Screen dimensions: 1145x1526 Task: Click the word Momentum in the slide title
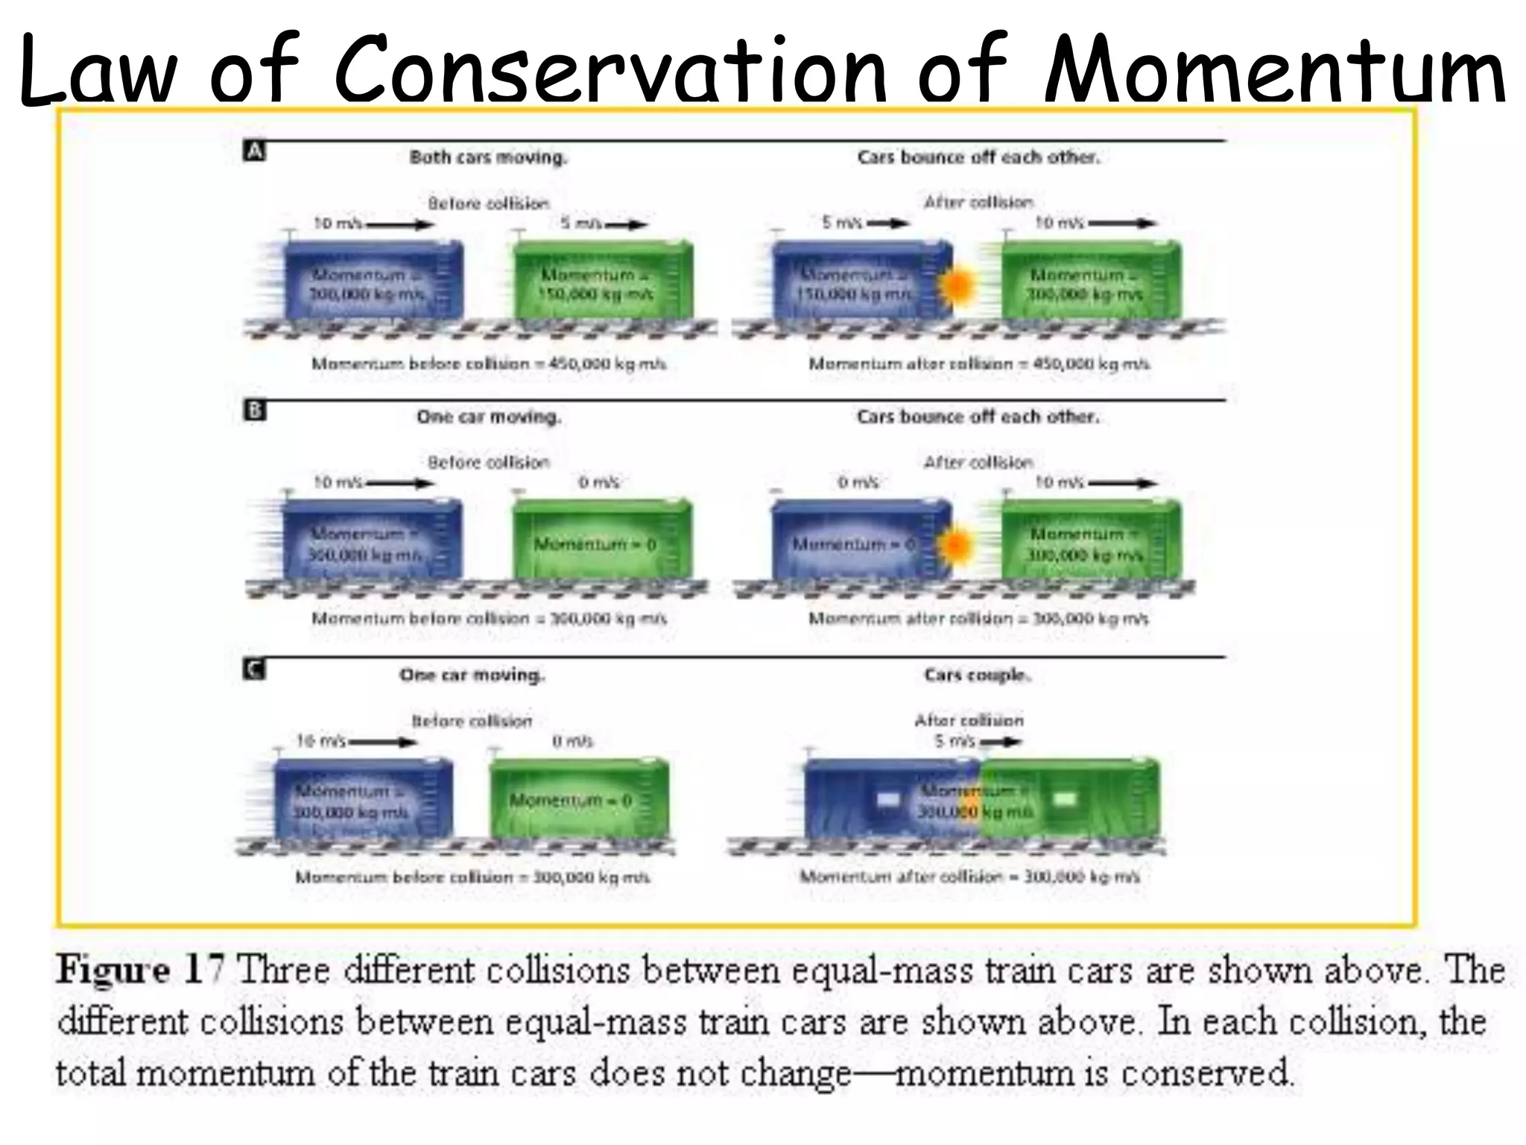click(x=1274, y=69)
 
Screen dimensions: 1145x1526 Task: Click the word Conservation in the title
click(x=611, y=69)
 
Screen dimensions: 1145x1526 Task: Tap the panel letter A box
click(x=254, y=151)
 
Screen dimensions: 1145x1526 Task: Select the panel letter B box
click(x=254, y=411)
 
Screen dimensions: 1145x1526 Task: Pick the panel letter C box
click(x=253, y=669)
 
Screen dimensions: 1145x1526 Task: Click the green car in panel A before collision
click(x=604, y=280)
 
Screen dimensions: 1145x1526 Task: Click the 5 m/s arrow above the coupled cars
click(x=1001, y=742)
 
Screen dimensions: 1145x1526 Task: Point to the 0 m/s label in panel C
click(x=572, y=741)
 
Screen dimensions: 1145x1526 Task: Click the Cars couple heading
click(x=977, y=675)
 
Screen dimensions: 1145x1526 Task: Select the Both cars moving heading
click(x=488, y=157)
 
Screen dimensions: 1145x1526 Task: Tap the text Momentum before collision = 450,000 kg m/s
click(x=489, y=364)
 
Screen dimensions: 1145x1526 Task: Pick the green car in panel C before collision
click(x=579, y=798)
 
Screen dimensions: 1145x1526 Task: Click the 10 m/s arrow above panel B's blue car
click(x=399, y=483)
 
